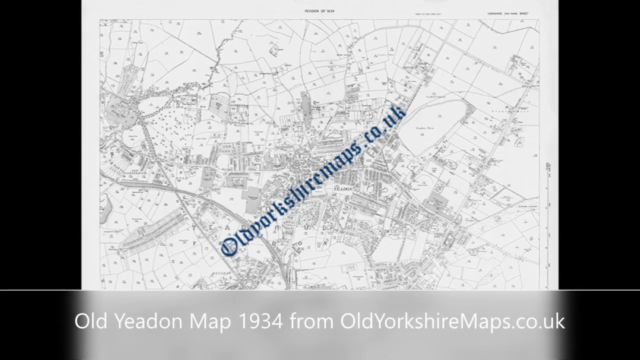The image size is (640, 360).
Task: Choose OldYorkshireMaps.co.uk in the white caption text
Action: [x=452, y=321]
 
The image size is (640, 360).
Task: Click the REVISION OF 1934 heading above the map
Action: [x=319, y=11]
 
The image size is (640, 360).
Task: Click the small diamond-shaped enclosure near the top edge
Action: [x=273, y=49]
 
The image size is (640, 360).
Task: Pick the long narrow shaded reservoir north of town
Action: [x=305, y=109]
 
